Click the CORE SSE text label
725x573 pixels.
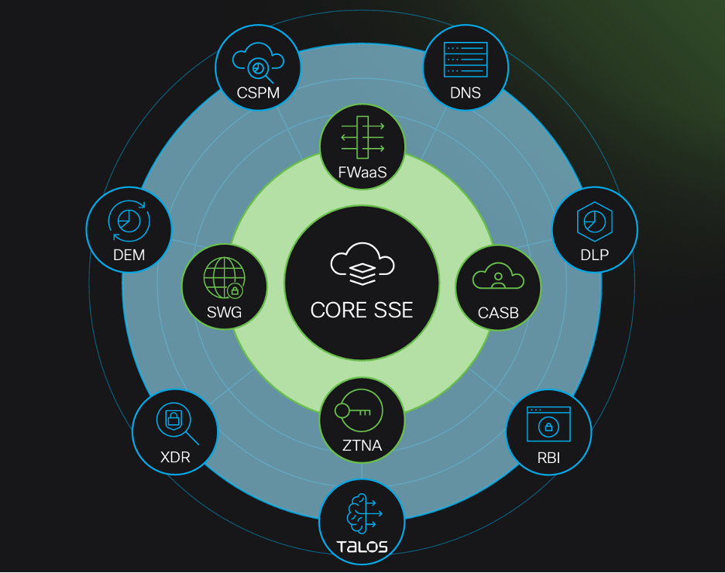[x=362, y=310]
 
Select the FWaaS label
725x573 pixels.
[x=362, y=173]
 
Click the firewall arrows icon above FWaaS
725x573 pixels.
[x=362, y=137]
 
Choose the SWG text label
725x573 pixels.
[x=225, y=313]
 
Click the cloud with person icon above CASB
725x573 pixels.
[x=498, y=276]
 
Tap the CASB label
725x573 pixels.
[x=498, y=314]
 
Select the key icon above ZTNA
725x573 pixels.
[x=353, y=411]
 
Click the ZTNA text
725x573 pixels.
[x=362, y=445]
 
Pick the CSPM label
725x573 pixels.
[x=258, y=94]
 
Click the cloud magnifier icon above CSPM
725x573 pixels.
[x=258, y=62]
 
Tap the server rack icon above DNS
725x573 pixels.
[x=466, y=59]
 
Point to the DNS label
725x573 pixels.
[x=466, y=94]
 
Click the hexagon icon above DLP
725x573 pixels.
[x=595, y=220]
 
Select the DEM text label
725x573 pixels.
[x=129, y=255]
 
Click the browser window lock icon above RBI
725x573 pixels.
[x=548, y=424]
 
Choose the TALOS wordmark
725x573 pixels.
[x=362, y=547]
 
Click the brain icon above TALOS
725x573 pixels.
[x=362, y=512]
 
